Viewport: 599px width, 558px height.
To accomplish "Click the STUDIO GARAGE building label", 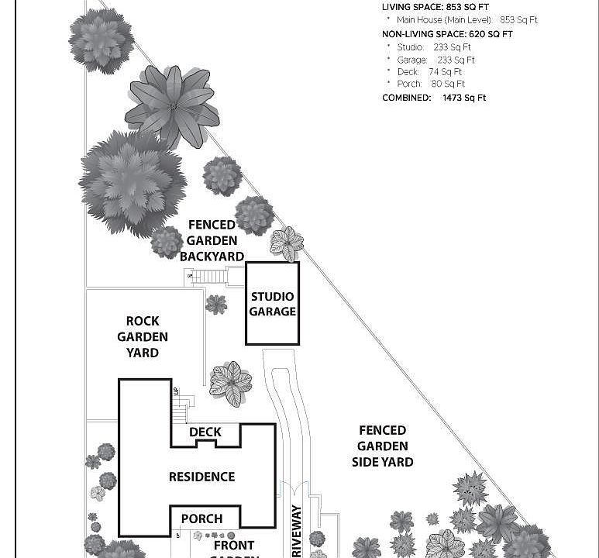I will point(272,304).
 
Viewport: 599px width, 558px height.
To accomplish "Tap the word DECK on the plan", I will point(205,432).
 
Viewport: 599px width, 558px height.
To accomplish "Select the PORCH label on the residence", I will point(201,518).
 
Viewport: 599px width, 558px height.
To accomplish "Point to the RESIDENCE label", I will point(201,477).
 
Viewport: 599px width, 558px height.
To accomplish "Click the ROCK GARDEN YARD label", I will point(143,336).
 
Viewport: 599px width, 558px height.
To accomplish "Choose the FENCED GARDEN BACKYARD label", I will point(212,240).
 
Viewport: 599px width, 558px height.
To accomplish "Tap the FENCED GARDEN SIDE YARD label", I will point(383,446).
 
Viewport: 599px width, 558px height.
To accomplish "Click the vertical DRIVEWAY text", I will point(296,532).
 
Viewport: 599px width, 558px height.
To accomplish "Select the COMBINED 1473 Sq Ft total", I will point(434,98).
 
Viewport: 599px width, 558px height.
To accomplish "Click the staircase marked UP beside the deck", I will point(179,411).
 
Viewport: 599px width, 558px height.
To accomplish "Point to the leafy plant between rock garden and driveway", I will point(230,383).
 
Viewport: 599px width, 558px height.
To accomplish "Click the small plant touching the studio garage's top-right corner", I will point(287,244).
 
